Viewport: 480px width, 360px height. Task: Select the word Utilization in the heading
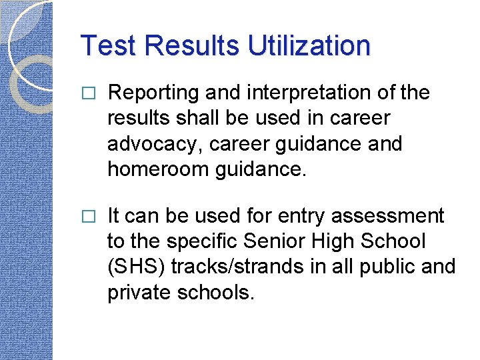click(309, 46)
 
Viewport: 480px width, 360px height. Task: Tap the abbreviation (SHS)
click(135, 266)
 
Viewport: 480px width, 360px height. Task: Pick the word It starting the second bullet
click(113, 216)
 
